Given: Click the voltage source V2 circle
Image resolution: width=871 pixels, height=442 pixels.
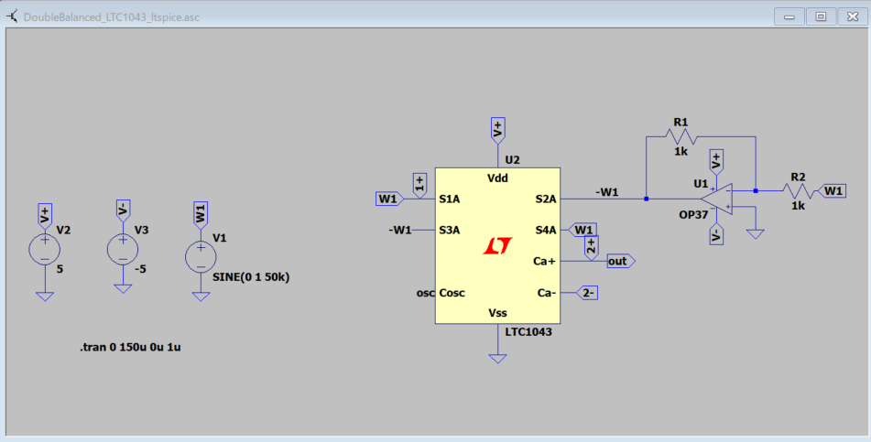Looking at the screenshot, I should tap(44, 249).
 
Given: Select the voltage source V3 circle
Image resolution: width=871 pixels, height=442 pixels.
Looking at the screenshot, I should tap(123, 249).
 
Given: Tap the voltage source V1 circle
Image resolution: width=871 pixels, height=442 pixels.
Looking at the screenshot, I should tap(201, 256).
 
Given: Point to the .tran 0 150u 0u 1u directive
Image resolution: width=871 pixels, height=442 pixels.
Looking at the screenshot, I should tap(136, 348).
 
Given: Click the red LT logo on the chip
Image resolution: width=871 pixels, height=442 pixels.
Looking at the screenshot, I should tap(497, 245).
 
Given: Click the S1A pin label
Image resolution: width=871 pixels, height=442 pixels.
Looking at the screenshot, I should tap(450, 199).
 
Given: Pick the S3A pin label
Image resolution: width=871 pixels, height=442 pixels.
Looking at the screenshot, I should tap(450, 230).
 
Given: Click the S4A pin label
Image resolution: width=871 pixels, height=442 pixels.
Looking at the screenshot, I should tap(545, 230).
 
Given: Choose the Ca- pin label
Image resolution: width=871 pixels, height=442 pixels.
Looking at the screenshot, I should tap(546, 293).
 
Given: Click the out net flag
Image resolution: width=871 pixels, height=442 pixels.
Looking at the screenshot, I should tap(620, 262).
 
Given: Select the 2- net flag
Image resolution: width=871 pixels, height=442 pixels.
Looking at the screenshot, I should tap(588, 293).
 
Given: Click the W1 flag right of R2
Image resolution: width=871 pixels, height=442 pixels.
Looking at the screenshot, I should tap(833, 190).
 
